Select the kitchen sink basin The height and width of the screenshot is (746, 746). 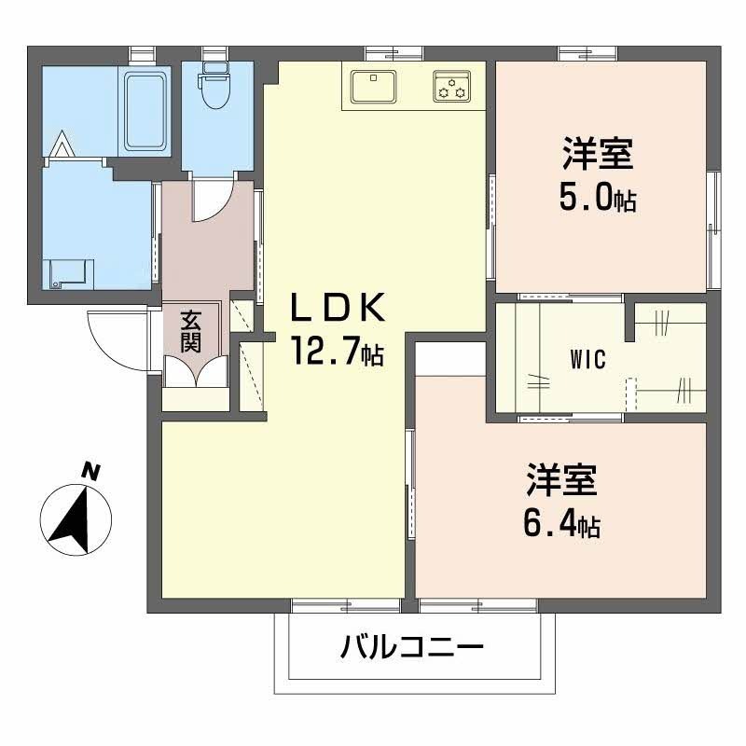click(374, 86)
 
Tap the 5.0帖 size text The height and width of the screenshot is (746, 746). click(597, 197)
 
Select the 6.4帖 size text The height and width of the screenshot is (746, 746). click(559, 523)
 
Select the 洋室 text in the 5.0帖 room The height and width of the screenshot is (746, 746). click(597, 153)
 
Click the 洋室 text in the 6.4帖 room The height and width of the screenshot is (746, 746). click(559, 480)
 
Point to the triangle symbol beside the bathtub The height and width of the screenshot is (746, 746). click(61, 145)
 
